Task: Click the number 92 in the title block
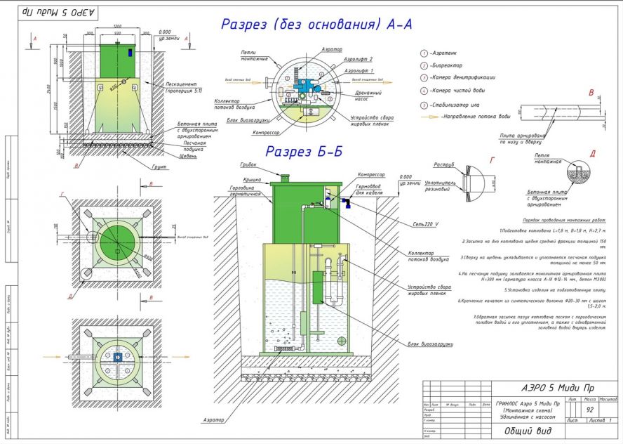589,409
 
